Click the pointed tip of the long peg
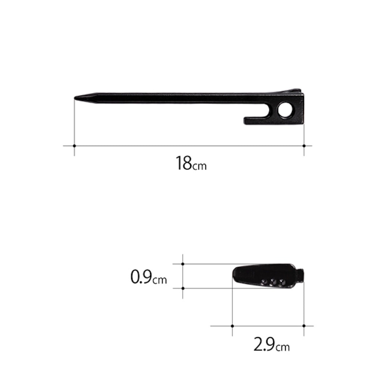click(75, 98)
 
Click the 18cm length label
click(191, 163)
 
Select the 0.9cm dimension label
click(149, 277)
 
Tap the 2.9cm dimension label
click(272, 344)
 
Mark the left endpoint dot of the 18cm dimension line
click(74, 146)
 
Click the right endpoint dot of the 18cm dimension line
click(304, 146)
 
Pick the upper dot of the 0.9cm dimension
click(183, 264)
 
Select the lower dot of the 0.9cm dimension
click(183, 288)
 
